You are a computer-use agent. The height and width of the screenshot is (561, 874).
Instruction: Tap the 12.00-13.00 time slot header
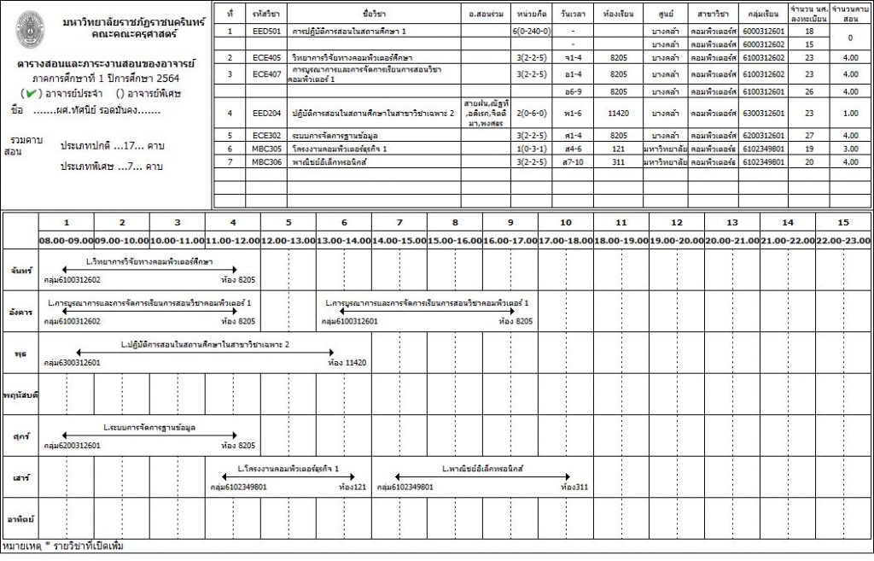click(x=288, y=241)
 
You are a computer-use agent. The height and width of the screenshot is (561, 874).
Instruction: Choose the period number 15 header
click(x=843, y=222)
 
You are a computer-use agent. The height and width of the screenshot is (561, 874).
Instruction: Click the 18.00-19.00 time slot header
click(x=621, y=241)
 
